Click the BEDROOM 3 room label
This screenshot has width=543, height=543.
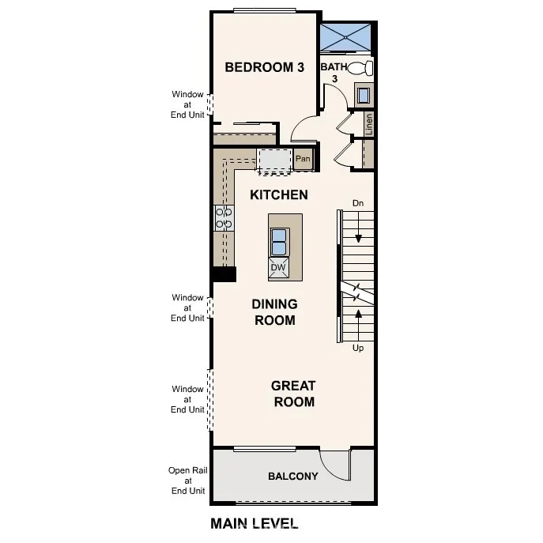[x=264, y=67]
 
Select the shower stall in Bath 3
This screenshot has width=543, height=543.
[x=345, y=36]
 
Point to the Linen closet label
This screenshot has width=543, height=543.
[x=368, y=123]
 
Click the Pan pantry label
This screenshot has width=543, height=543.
[x=303, y=159]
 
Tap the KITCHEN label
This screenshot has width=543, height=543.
[x=279, y=194]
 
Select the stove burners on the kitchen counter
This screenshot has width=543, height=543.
[x=224, y=217]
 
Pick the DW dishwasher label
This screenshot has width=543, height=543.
[x=278, y=268]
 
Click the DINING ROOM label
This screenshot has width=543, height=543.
[x=274, y=312]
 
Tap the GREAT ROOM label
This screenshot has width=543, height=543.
[x=293, y=394]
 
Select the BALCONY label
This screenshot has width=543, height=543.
[x=292, y=476]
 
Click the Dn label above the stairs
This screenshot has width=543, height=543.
[x=358, y=203]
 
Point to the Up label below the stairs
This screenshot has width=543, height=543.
[x=358, y=348]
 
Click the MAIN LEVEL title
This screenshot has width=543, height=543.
[x=254, y=523]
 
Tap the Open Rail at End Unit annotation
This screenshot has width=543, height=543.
[x=187, y=481]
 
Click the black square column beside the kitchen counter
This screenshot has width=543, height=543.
[x=224, y=273]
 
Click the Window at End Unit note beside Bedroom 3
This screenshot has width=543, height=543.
[x=188, y=104]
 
